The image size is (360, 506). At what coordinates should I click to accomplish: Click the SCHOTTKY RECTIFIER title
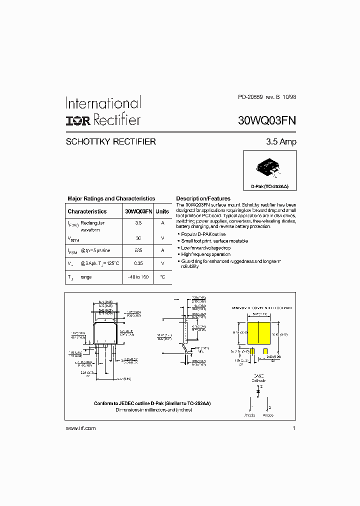[111, 142]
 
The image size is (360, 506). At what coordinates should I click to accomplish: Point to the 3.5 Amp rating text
[281, 142]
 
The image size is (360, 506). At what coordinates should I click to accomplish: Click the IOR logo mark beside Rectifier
[78, 120]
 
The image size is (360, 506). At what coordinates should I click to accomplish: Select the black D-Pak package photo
[269, 167]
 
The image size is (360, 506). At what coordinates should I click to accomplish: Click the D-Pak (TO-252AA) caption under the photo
[270, 186]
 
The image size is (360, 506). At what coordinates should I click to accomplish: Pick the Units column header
[162, 211]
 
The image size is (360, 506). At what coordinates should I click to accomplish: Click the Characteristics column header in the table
[87, 211]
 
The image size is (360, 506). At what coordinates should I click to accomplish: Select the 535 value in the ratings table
[138, 250]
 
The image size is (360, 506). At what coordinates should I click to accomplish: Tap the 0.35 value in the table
[138, 263]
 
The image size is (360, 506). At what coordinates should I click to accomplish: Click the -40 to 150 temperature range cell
[138, 277]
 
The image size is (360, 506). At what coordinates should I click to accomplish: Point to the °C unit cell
[162, 277]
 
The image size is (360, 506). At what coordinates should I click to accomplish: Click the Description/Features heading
[203, 198]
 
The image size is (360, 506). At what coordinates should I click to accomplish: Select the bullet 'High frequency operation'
[206, 254]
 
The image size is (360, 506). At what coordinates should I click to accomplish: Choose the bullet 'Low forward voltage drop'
[205, 247]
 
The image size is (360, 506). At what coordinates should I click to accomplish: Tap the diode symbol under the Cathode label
[258, 393]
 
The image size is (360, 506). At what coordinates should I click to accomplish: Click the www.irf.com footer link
[80, 428]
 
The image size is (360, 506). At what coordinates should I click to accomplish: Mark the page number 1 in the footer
[294, 428]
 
